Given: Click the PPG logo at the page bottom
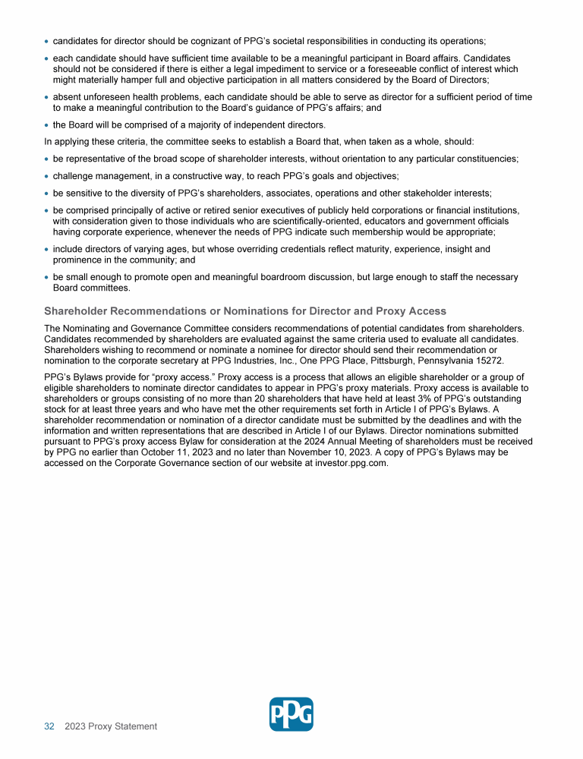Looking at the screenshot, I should (291, 714).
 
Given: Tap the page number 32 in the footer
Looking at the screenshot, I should (49, 726).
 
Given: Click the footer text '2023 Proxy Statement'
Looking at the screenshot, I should (111, 726).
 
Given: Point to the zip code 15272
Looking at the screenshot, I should (488, 361).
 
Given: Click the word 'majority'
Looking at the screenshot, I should (208, 125).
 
